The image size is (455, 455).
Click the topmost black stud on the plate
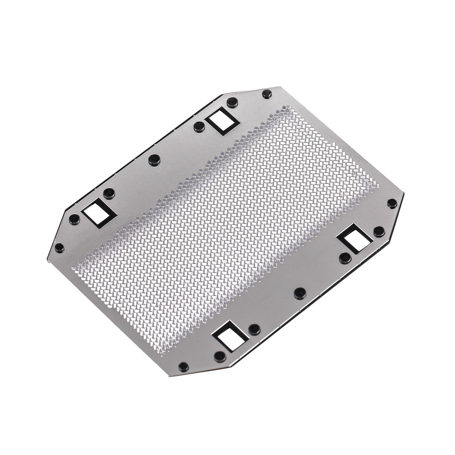267,94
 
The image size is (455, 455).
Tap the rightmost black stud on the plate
392,203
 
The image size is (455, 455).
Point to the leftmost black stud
59,248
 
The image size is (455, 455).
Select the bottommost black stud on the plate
183,366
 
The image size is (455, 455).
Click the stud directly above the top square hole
232,101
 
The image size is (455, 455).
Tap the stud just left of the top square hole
199,127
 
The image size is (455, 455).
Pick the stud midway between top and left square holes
154,160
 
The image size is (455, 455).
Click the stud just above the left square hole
109,193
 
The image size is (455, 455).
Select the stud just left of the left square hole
74,219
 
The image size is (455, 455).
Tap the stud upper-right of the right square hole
379,232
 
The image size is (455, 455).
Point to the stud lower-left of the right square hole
345,258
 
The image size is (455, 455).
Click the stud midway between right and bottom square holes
300,293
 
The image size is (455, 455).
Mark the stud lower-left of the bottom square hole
220,356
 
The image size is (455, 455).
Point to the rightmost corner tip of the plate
404,195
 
